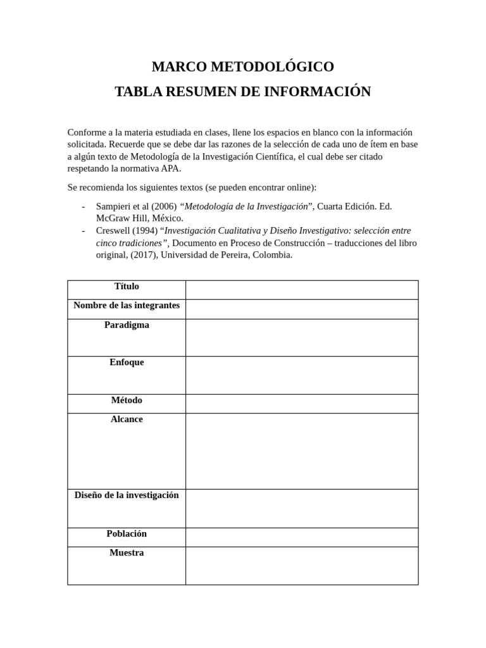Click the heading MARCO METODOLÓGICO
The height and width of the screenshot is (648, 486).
tap(242, 66)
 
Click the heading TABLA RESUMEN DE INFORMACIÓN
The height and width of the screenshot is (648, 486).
tap(242, 92)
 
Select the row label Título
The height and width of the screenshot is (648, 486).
tap(127, 287)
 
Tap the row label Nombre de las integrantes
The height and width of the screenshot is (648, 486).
tap(127, 306)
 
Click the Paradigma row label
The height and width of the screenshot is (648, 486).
tap(127, 325)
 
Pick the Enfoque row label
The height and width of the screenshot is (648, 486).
tap(127, 363)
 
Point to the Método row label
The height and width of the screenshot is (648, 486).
tap(127, 401)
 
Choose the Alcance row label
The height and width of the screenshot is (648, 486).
tap(127, 420)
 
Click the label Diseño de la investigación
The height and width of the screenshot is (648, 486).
tap(127, 495)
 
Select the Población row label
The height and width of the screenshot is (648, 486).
tap(127, 534)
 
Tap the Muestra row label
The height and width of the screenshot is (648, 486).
tap(127, 553)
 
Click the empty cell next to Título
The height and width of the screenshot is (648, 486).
tap(301, 290)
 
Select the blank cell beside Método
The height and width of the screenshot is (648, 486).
tap(301, 404)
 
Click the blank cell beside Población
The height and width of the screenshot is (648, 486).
tap(301, 537)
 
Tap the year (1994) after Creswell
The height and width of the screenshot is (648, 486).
tap(146, 231)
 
